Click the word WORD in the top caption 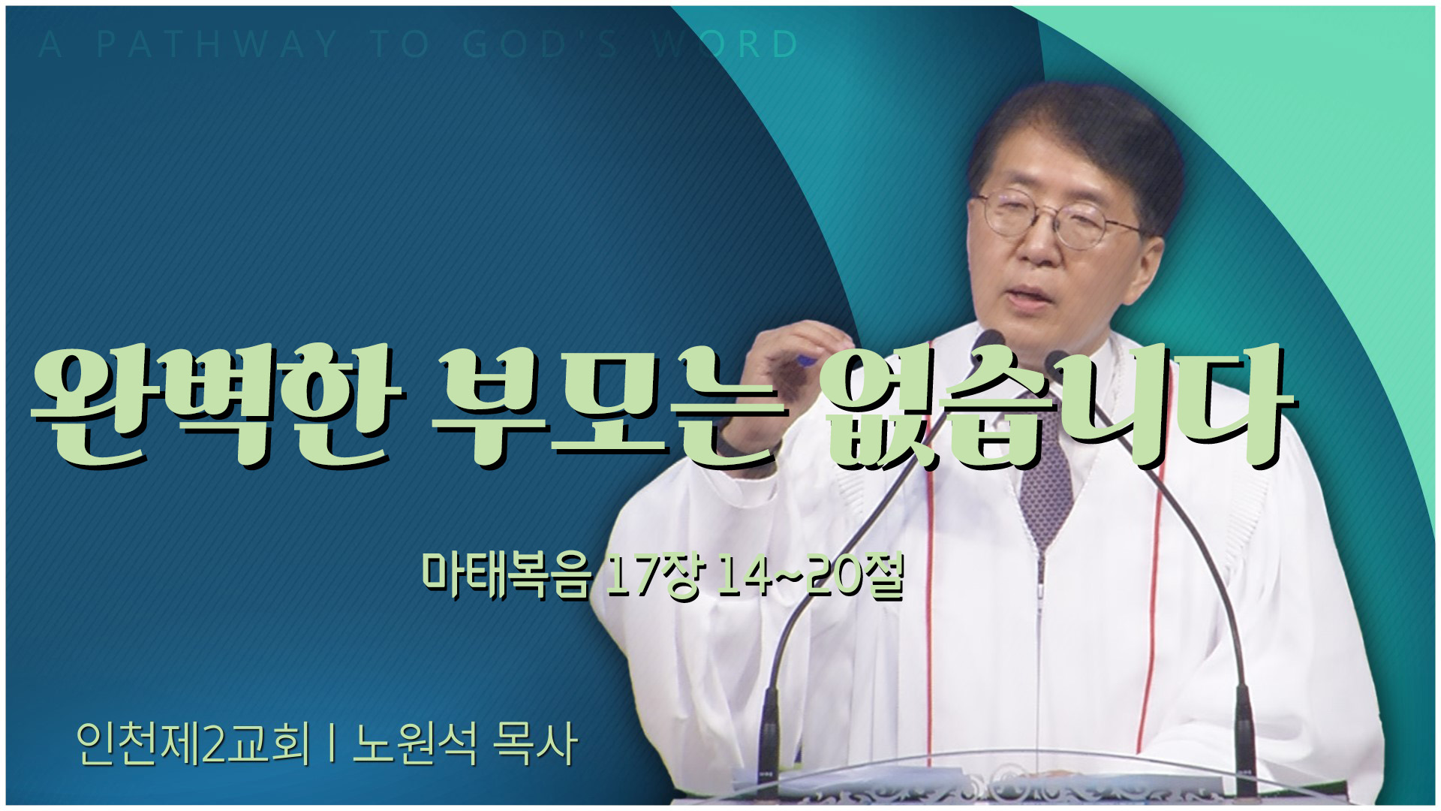725,44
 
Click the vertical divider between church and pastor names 331,744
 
